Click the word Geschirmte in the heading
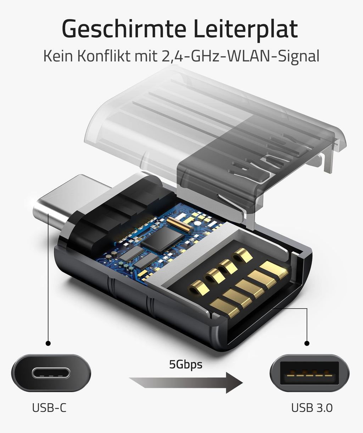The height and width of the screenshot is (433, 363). (x=119, y=29)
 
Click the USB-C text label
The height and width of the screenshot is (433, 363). (x=49, y=408)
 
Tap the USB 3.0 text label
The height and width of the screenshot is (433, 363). (x=312, y=408)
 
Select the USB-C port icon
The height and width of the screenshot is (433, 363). (x=51, y=373)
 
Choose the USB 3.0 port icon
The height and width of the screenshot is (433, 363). (x=309, y=373)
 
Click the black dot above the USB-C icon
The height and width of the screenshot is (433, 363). (x=48, y=343)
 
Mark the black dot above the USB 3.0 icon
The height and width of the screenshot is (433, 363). (x=307, y=343)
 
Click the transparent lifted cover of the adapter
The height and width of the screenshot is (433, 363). (x=170, y=121)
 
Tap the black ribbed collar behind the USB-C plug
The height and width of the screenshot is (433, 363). (x=106, y=213)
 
